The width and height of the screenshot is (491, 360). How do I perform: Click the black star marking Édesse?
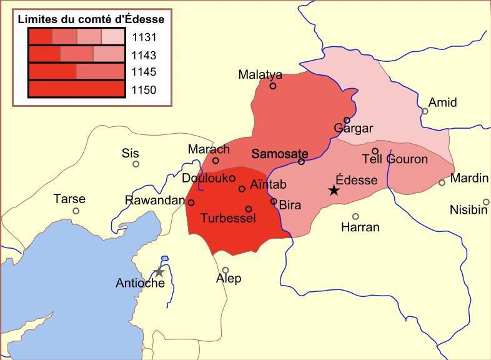point(334,190)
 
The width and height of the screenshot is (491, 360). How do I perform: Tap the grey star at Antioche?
point(159,272)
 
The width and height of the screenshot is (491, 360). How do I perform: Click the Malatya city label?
point(260,74)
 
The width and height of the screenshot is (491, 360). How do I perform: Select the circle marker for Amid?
point(425,111)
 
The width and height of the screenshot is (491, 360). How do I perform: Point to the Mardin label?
point(469,178)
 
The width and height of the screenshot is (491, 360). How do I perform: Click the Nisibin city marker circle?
point(486,202)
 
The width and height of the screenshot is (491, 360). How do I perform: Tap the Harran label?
point(360,227)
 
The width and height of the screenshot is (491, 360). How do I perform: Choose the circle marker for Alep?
point(226,271)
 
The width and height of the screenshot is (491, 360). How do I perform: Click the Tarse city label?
point(69,199)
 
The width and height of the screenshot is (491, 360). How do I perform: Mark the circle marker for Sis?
point(136,164)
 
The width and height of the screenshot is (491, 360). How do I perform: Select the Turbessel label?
point(228,218)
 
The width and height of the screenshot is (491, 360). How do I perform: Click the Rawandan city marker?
point(191,202)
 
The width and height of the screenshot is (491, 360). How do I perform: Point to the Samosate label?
point(279,153)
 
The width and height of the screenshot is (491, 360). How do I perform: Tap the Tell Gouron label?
point(395,159)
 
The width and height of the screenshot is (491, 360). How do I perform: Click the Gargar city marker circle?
point(347,121)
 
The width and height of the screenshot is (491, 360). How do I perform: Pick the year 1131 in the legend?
point(144,37)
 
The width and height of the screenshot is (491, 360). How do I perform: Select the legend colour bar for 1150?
point(77,89)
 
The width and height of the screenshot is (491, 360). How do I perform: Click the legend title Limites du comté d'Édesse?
point(91,19)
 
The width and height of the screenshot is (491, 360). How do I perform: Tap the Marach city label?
point(209,149)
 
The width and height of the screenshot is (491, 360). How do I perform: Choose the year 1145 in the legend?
point(144,72)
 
